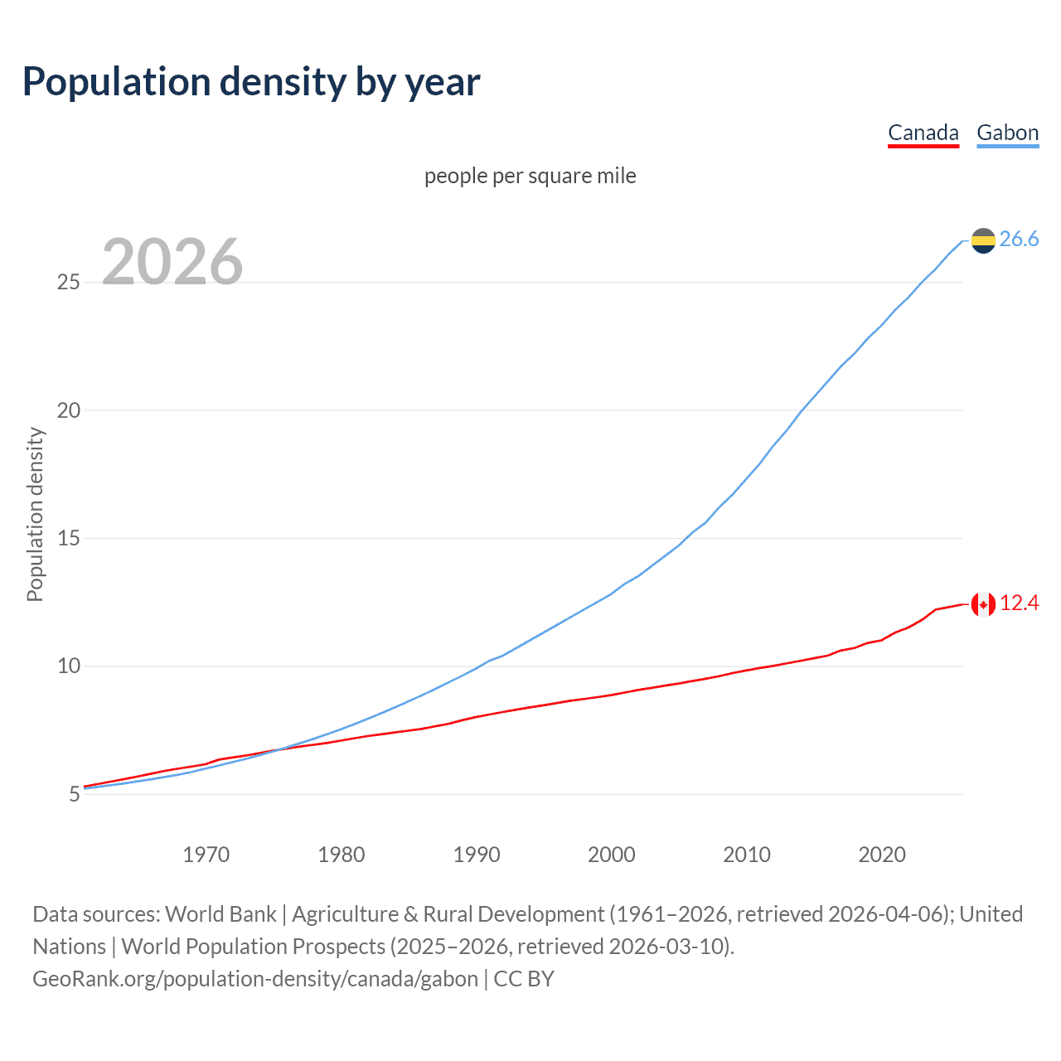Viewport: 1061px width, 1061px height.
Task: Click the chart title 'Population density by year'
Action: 251,82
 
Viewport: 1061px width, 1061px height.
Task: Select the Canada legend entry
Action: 923,133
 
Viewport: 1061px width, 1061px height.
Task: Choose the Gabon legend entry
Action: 1007,133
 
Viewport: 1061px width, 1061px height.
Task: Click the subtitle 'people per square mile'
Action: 530,176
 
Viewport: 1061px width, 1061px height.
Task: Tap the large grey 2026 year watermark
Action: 172,262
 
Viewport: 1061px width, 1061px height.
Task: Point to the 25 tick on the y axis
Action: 68,283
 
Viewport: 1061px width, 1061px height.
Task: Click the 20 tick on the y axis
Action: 68,410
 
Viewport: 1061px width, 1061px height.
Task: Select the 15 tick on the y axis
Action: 68,539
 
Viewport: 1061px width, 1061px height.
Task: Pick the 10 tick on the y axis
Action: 68,666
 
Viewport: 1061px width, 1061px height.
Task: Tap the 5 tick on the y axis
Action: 74,794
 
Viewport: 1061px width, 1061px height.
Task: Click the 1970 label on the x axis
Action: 206,855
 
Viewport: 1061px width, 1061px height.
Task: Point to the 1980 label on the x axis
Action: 341,855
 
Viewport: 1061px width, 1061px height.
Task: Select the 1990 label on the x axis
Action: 477,855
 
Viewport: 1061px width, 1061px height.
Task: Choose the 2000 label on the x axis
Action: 612,855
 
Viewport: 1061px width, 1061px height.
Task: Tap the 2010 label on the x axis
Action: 747,855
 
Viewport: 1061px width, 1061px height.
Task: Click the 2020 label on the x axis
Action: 882,855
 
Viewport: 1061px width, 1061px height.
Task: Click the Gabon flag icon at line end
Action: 983,240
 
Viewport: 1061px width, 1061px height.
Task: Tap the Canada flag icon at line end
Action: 983,604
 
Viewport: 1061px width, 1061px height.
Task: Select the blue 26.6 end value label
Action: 1019,240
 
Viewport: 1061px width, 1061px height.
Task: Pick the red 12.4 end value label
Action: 1019,603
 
